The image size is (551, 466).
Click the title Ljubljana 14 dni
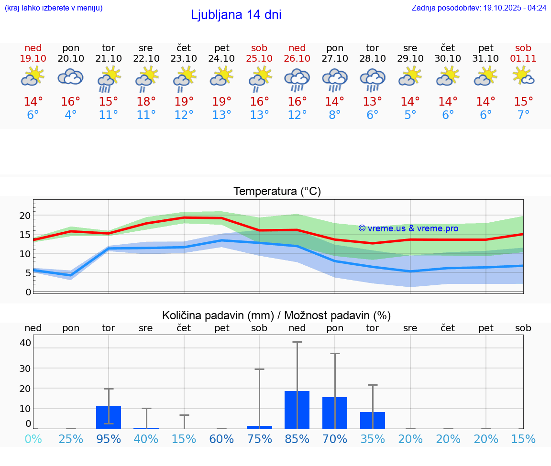coord(236,15)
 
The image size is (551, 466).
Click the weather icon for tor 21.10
coord(109,79)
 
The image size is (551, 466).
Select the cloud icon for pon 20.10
coord(71,77)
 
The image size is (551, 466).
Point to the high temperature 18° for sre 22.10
coord(146,102)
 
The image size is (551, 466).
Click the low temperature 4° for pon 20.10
coord(71,115)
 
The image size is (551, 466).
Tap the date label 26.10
coord(297,59)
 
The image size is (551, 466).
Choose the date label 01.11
coord(523,59)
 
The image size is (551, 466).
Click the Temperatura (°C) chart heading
coord(277,192)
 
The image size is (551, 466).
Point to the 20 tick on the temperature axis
coord(25,216)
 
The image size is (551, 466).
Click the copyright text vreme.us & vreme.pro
coord(408,228)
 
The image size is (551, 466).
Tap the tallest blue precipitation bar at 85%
coord(297,410)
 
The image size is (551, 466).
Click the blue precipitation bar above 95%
coord(109,417)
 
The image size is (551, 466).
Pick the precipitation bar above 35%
coord(373,420)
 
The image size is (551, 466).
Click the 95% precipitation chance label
coord(109,439)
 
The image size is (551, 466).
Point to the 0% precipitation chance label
coord(33,439)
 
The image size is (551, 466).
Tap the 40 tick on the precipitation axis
coord(25,343)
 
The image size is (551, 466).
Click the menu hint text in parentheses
coord(54,8)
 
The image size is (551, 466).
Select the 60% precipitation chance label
coord(222,439)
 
